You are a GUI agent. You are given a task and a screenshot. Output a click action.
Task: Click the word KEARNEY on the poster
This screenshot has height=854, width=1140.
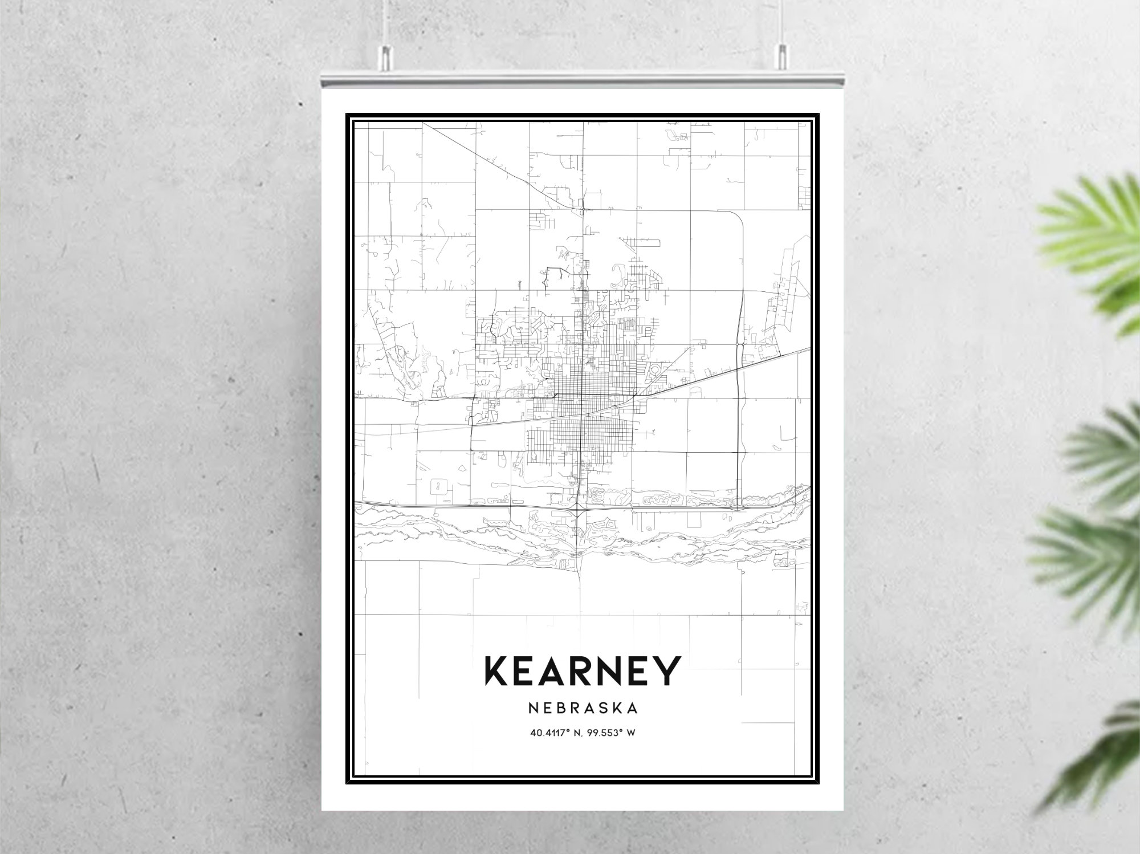[x=582, y=671]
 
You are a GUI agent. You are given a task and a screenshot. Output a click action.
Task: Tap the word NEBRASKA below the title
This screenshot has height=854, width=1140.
[x=583, y=708]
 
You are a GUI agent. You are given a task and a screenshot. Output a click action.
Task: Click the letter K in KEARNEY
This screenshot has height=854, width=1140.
[x=498, y=671]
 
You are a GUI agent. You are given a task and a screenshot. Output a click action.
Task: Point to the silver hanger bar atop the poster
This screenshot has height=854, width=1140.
[x=581, y=82]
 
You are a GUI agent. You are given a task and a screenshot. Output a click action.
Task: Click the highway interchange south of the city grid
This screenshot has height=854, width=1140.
[x=579, y=507]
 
